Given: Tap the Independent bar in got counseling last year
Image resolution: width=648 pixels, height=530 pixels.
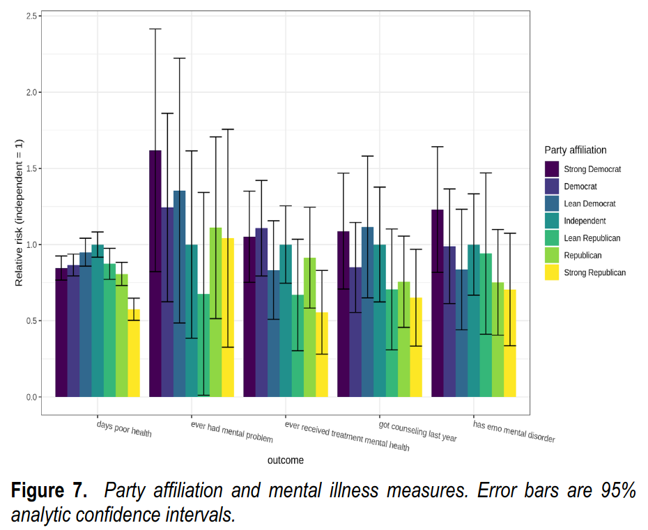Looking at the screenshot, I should coord(379,320).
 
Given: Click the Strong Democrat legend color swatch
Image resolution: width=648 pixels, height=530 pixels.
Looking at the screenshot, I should coord(553,169).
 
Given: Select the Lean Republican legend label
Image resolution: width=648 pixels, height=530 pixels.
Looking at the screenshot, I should coord(592,238).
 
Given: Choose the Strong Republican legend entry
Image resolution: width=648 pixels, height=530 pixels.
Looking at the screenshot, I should coord(595,273).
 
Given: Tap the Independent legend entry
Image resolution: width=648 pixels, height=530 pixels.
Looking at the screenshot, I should coord(585,221).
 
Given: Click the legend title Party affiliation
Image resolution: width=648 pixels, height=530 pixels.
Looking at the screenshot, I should coord(576,150).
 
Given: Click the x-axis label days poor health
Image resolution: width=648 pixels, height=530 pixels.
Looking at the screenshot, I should coord(124,428).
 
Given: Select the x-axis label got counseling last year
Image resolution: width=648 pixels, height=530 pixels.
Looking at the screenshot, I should coord(417,432).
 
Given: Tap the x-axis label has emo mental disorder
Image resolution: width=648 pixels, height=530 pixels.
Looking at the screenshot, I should coord(514,432).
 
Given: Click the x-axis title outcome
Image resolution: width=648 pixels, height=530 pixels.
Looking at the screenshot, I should coord(286,460).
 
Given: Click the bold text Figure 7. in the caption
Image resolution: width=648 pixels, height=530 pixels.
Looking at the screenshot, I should coord(49,490).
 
